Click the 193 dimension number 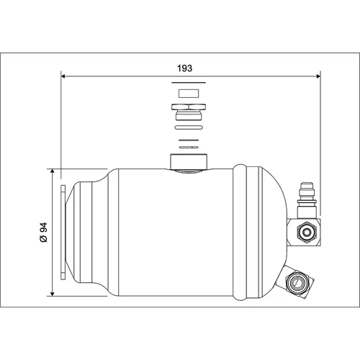185,68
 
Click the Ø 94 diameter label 44,233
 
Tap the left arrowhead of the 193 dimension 63,76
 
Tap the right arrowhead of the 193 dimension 318,76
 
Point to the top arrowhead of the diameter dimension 53,171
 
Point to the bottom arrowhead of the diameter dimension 53,294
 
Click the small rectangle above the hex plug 189,94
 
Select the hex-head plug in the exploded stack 189,112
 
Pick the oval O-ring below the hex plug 189,127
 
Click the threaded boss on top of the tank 189,163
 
